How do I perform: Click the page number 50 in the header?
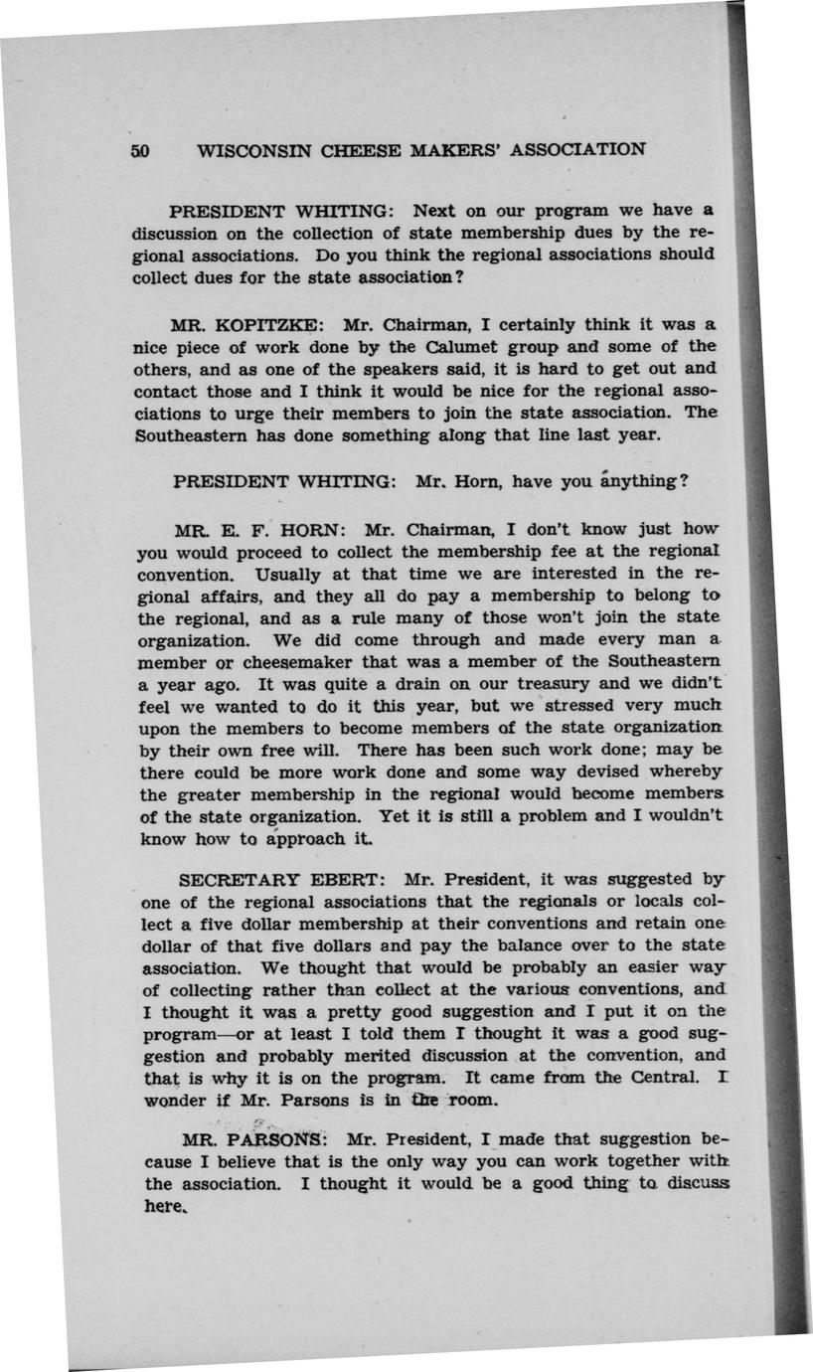point(139,151)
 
